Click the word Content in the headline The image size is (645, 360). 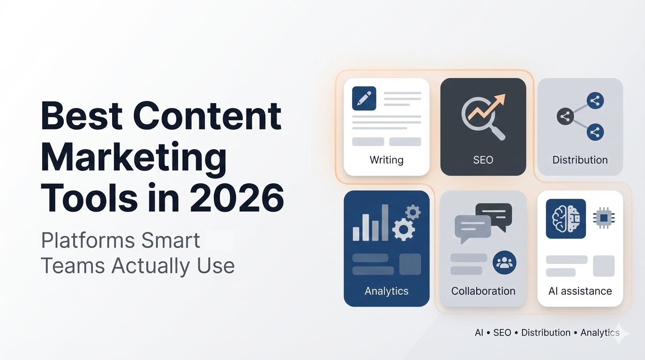tap(207, 116)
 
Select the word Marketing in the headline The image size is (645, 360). tap(134, 157)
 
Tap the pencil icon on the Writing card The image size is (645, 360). tap(364, 98)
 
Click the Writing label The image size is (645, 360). tap(386, 160)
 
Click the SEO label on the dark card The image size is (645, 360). tap(483, 160)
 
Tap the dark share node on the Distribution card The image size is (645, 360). tap(565, 117)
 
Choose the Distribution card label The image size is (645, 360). tap(580, 160)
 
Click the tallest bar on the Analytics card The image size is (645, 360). tap(385, 222)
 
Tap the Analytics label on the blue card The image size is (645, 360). tap(386, 291)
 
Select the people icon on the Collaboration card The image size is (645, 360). tap(504, 263)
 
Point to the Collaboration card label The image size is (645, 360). tap(483, 291)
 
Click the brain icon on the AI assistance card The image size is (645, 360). tap(566, 218)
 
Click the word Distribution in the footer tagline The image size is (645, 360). tap(546, 332)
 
